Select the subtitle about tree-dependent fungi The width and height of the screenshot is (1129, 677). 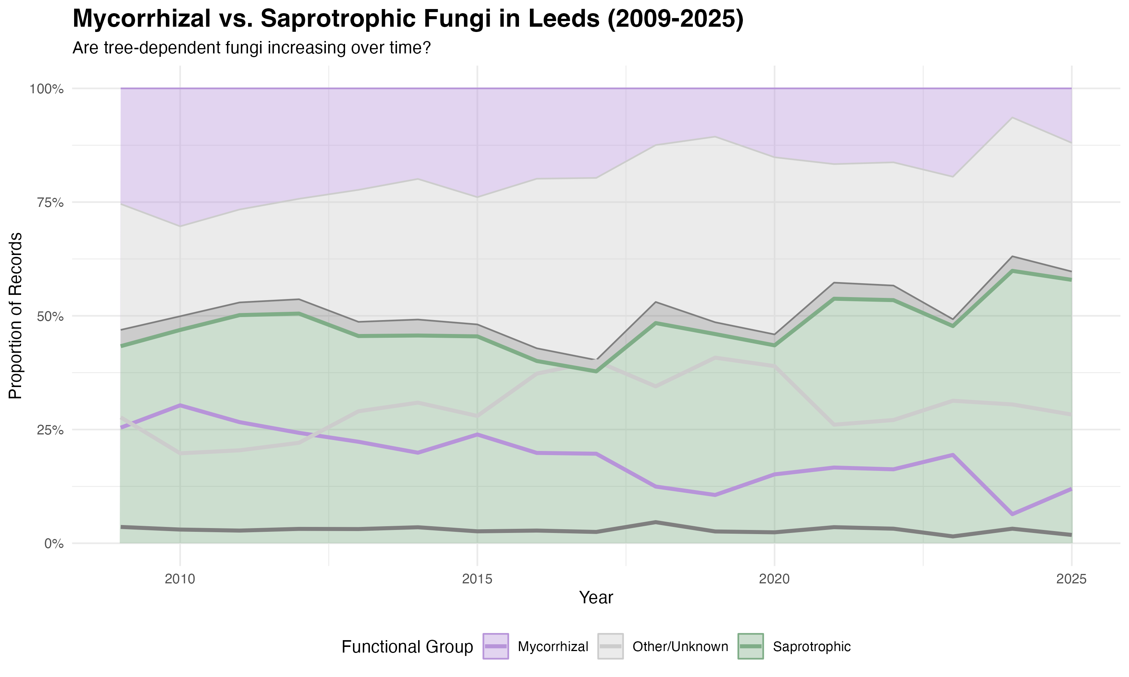coord(251,47)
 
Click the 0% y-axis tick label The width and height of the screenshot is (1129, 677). coord(53,544)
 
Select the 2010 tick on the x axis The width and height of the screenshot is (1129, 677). coord(180,579)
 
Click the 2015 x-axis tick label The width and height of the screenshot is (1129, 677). coord(477,579)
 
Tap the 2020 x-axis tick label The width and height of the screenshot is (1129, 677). coord(774,579)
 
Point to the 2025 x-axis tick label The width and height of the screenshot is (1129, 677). coord(1071,579)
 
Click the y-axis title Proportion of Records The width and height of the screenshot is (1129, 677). coord(15,316)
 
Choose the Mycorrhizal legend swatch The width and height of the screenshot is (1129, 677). coord(495,647)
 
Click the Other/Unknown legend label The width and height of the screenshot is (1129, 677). coord(680,647)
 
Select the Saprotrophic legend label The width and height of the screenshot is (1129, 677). coord(811,647)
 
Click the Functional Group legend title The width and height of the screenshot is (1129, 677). coord(407,647)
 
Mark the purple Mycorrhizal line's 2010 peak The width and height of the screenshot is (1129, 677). coord(180,405)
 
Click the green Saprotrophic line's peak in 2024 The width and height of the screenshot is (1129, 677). coord(1012,271)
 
